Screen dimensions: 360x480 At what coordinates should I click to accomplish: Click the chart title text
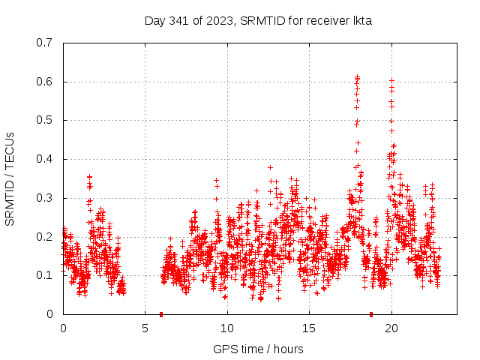(x=258, y=20)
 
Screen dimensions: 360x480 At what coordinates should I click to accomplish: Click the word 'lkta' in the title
(x=361, y=20)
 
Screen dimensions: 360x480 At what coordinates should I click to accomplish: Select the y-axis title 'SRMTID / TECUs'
(x=10, y=178)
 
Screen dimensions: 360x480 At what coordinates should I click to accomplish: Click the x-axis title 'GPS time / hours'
(x=258, y=349)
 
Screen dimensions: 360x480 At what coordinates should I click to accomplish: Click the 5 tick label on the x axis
(x=145, y=328)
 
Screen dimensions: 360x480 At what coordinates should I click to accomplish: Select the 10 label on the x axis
(x=227, y=328)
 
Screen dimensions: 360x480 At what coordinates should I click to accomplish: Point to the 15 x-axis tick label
(x=309, y=328)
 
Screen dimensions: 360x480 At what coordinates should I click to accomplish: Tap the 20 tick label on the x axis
(x=391, y=328)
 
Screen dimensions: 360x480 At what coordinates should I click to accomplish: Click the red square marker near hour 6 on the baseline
(x=161, y=313)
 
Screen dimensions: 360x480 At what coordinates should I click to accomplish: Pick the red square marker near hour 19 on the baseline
(x=371, y=313)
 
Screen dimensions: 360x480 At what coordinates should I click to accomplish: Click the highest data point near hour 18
(x=358, y=76)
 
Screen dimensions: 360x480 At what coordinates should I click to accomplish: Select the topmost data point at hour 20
(x=391, y=79)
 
